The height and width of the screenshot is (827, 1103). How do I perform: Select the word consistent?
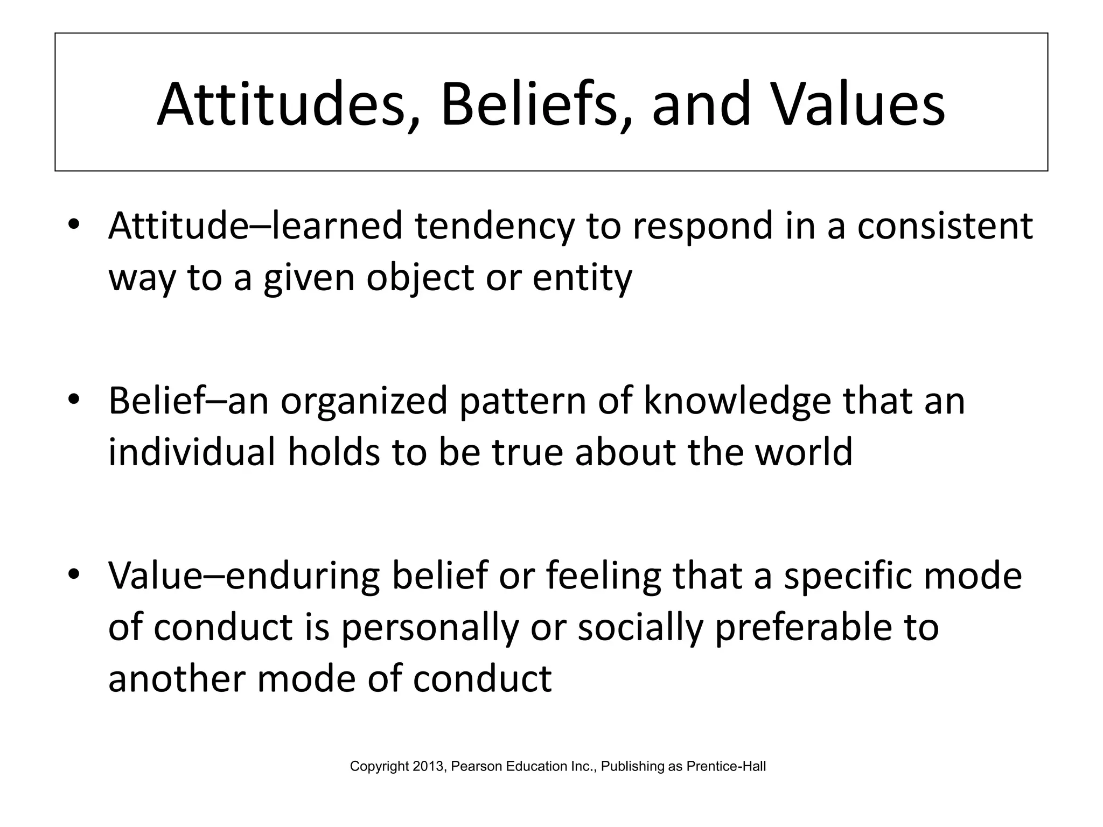click(945, 226)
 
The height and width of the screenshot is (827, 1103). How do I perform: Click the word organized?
click(364, 401)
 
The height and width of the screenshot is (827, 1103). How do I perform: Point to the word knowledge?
click(737, 401)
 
